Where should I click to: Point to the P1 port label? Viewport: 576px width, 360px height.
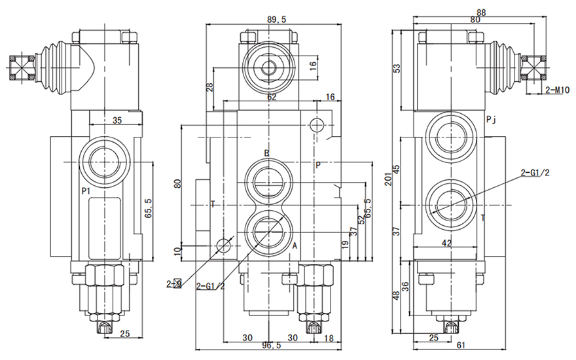[85, 190]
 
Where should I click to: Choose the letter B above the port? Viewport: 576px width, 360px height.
[266, 153]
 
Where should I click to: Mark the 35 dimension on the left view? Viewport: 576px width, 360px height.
[117, 120]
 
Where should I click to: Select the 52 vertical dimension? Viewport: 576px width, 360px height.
[361, 219]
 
